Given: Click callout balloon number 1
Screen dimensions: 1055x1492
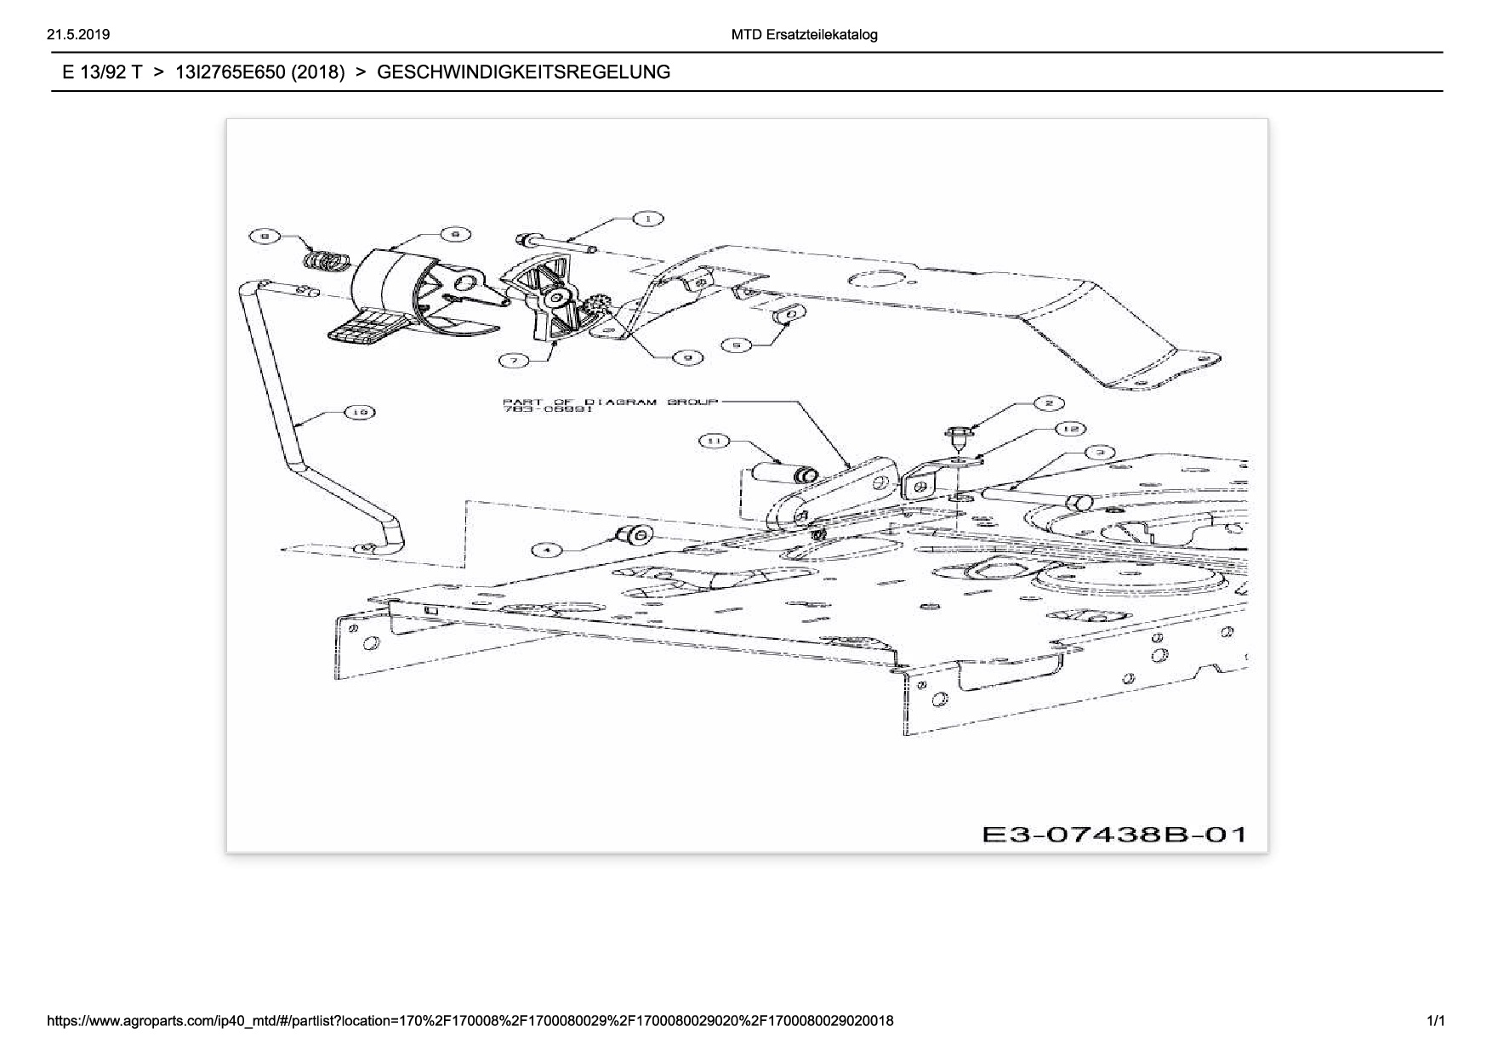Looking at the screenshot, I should [648, 220].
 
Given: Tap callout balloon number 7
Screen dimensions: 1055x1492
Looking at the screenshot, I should [514, 361].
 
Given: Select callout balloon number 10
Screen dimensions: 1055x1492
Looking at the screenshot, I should [359, 413].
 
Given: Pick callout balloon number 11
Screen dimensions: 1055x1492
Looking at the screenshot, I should [715, 441].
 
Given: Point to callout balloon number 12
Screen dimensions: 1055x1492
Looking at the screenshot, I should [1071, 429].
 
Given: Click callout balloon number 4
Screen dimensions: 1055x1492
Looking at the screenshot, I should [547, 550].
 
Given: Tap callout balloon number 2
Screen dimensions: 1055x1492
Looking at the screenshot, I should [1048, 402].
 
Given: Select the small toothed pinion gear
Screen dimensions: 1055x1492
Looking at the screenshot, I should [595, 306].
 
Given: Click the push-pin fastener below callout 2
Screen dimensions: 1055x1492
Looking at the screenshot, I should [957, 439].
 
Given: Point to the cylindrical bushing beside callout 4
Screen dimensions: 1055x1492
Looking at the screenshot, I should [634, 535].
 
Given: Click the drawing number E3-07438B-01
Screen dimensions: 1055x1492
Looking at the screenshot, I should [1114, 834].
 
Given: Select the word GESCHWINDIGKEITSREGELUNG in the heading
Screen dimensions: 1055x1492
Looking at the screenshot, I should [523, 72].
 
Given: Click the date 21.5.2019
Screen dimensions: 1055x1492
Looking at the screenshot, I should [79, 35].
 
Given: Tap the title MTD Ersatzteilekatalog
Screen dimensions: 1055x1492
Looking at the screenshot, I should [804, 35].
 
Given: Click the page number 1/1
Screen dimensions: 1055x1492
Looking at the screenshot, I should [1435, 1020].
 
